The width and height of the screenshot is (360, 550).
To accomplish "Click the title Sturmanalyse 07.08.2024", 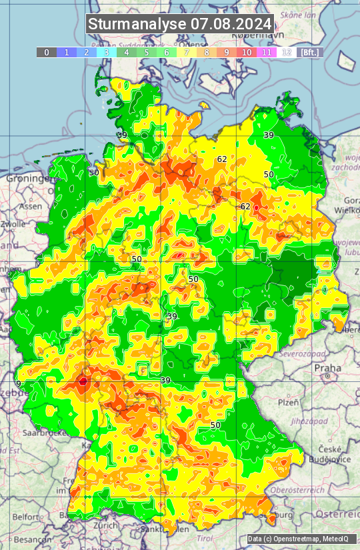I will click(x=180, y=24).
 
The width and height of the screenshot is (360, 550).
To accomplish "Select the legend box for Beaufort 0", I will click(x=46, y=52).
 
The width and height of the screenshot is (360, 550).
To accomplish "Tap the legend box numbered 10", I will click(x=247, y=52).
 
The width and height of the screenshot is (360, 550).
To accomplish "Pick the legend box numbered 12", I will click(x=287, y=52).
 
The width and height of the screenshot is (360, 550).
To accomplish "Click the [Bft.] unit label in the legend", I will click(x=309, y=52).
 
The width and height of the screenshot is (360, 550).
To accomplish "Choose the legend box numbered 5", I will click(x=147, y=52).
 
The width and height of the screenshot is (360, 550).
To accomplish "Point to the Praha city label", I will click(x=327, y=367).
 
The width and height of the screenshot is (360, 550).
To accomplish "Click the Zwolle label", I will click(x=13, y=224).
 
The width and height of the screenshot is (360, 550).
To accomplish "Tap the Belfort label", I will click(x=25, y=517).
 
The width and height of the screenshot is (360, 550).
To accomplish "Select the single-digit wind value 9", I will click(x=19, y=383).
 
